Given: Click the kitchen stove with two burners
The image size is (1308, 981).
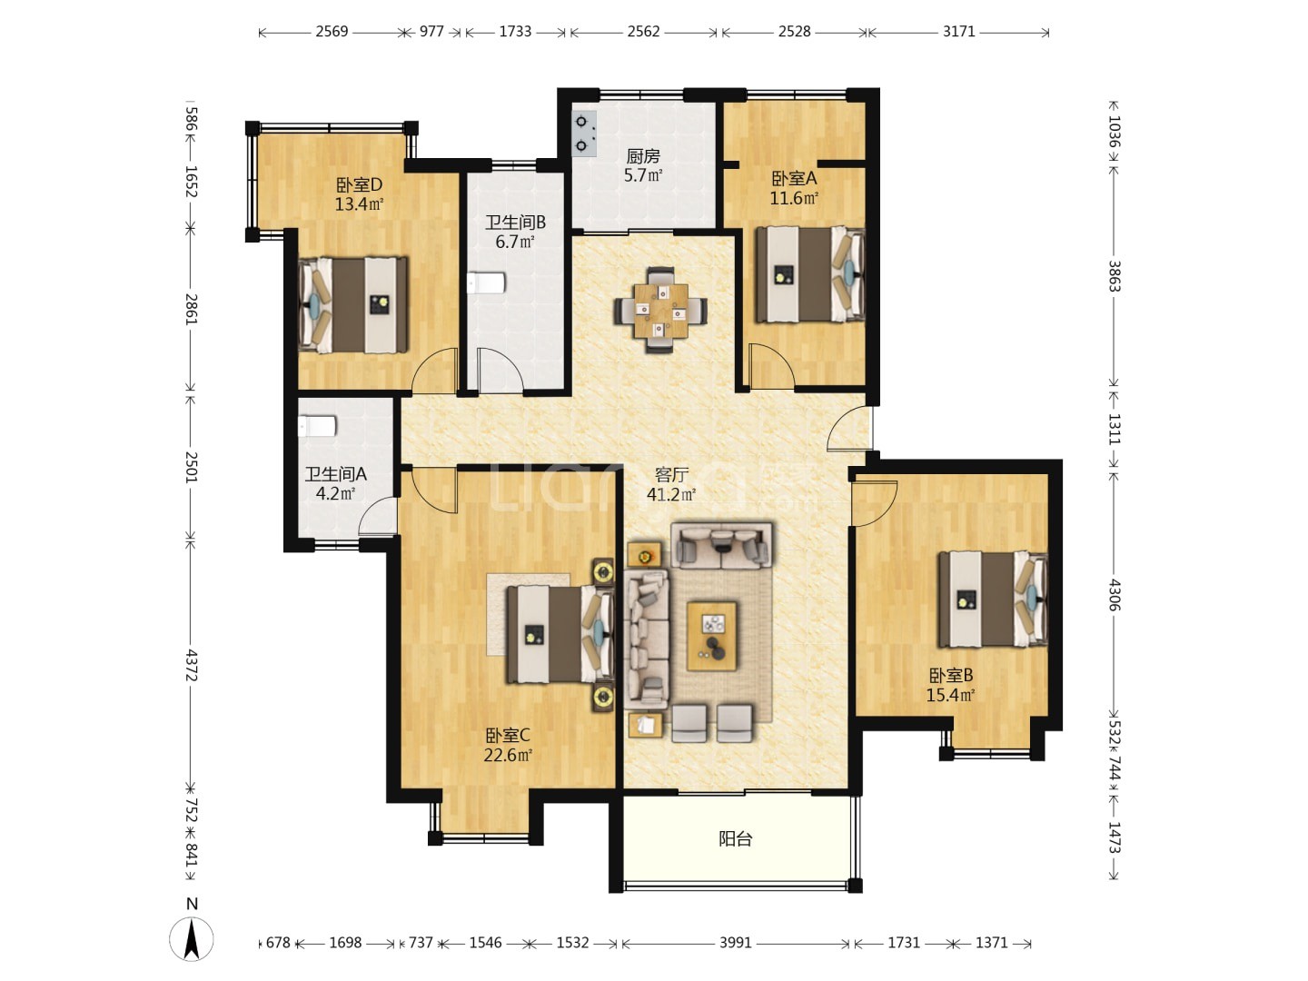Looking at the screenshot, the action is pos(583,134).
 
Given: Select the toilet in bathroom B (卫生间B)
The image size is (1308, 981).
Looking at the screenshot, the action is pos(487,282).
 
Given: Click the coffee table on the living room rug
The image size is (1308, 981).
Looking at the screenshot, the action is pos(712,636).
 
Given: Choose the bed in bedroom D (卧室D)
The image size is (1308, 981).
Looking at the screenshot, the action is pos(352,305).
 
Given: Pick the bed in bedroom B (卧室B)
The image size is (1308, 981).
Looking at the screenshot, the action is pos(993,599).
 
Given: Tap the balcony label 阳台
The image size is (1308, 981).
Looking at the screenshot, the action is pos(736,839).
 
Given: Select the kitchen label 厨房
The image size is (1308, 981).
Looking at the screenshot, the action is pos(643,156).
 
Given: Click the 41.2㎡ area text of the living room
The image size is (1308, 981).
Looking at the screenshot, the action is pos(671,494).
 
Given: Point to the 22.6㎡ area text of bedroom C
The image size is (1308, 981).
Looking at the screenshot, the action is pos(508,755).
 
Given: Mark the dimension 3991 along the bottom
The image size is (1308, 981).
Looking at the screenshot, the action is pos(736,943).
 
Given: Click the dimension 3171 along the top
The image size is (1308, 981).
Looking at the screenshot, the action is pos(959,32).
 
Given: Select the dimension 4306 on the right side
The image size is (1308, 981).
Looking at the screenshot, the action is pos(1114,594).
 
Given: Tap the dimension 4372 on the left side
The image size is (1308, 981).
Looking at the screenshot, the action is pos(191,665).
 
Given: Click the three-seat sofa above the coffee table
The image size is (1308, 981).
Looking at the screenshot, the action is pos(721,545).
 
